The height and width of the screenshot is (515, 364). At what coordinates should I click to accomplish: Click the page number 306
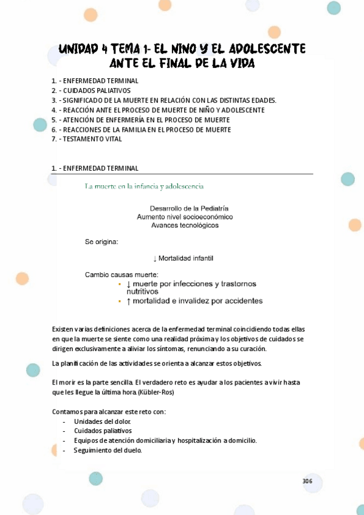coord(307,482)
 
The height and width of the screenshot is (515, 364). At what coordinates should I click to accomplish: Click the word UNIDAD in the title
coord(78,49)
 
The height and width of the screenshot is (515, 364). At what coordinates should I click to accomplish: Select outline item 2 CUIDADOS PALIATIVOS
coord(95,90)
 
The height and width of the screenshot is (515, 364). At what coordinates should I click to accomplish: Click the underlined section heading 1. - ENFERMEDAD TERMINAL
coord(95,168)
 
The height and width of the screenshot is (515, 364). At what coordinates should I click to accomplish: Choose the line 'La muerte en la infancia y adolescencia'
coord(144,186)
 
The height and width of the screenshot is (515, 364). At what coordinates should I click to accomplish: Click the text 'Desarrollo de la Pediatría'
coord(189,208)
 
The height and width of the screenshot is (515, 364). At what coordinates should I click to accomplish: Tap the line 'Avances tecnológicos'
coord(185,225)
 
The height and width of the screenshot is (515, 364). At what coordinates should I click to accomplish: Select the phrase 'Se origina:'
coord(101,242)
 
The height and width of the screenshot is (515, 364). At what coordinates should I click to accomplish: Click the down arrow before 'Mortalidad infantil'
coord(155,259)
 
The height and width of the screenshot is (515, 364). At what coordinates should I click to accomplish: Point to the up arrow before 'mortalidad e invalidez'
coord(128,301)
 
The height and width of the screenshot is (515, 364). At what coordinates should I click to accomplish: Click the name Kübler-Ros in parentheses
coord(156,392)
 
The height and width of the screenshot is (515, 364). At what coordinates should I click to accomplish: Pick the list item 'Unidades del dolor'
coord(102,421)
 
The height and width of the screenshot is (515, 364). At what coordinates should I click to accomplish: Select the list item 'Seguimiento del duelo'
coord(108,451)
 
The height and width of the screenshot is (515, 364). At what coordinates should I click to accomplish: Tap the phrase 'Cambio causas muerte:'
coord(122,275)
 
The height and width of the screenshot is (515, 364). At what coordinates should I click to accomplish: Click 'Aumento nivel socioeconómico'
coord(185,217)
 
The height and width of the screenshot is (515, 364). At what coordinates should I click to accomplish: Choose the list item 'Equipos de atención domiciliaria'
coord(165,441)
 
